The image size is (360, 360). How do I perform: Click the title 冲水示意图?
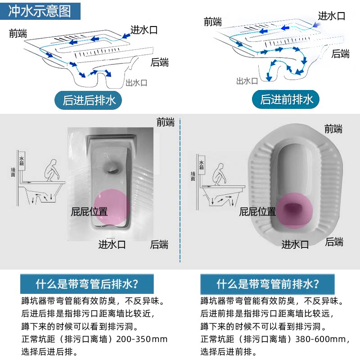(x=40, y=11)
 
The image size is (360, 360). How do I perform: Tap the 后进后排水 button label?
(x=89, y=100)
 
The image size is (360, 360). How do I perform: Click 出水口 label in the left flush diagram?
(x=136, y=83)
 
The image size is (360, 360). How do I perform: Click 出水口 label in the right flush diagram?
(x=247, y=81)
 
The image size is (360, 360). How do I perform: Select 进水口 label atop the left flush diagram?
(x=144, y=30)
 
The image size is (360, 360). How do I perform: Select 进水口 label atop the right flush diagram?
(x=332, y=16)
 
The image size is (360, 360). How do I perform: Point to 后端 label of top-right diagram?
(x=340, y=54)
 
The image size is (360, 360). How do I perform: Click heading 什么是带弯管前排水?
(x=268, y=284)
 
